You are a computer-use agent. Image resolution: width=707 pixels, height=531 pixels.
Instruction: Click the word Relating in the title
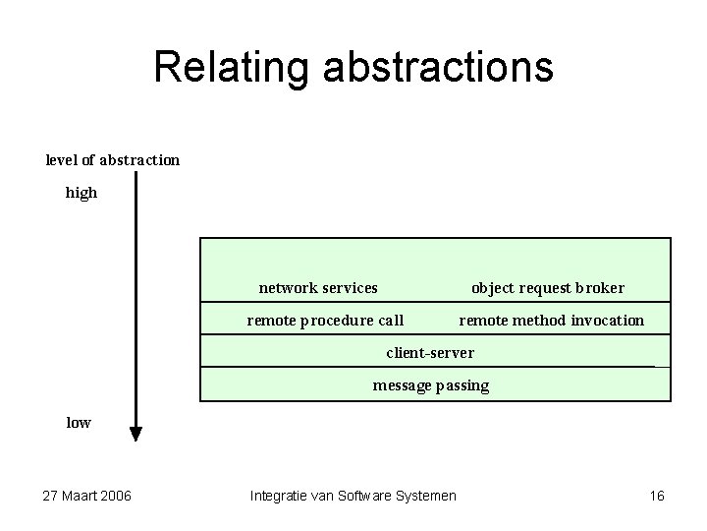(229, 68)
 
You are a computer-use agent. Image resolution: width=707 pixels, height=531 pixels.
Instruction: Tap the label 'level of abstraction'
(113, 159)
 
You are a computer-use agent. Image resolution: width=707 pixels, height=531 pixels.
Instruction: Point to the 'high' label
(82, 193)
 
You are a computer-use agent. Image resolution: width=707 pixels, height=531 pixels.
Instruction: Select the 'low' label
(79, 423)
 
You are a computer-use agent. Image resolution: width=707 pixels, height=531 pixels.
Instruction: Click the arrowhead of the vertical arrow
(136, 434)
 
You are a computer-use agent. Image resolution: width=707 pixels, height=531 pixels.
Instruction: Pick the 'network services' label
(318, 288)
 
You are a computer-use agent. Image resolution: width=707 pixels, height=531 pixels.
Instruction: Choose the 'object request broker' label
(548, 288)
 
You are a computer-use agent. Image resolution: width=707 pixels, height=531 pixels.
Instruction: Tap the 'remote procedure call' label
(325, 321)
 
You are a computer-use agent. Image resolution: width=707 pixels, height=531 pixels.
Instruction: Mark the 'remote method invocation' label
(552, 321)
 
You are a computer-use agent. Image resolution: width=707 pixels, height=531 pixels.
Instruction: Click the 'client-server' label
(430, 353)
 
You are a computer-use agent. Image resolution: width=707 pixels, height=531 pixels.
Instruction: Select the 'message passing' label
(430, 385)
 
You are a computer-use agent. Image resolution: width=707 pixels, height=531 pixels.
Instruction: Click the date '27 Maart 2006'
(88, 496)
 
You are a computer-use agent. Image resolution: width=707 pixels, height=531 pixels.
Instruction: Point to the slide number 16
(657, 496)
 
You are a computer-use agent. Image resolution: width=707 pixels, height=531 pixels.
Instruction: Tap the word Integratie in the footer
(280, 496)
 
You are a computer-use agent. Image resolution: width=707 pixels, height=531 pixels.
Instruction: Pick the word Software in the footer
(364, 496)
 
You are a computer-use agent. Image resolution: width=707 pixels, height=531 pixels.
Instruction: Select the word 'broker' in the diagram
(600, 288)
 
